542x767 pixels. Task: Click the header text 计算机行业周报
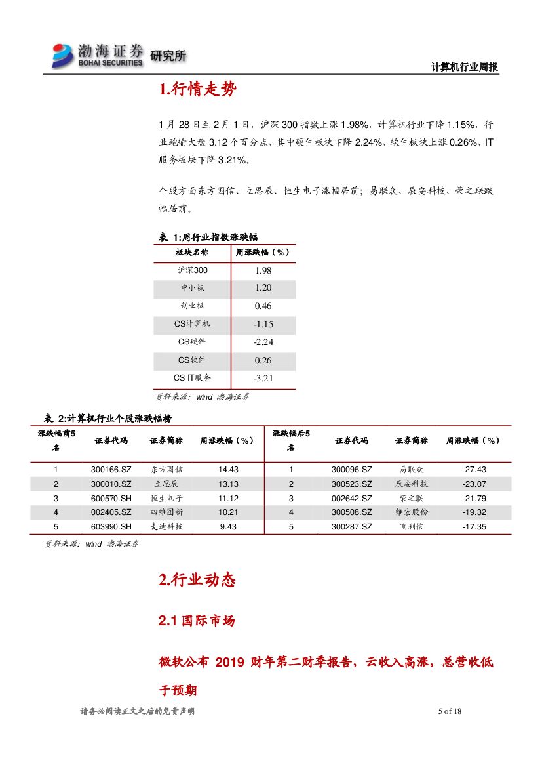click(x=465, y=67)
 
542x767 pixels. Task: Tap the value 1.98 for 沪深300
click(x=263, y=270)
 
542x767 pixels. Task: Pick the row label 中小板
click(x=193, y=288)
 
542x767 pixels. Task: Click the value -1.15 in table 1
click(x=263, y=324)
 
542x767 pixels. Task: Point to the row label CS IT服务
click(x=192, y=378)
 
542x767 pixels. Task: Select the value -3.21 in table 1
click(x=263, y=379)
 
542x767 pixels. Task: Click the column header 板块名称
click(x=192, y=252)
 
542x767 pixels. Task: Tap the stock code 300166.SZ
click(x=111, y=470)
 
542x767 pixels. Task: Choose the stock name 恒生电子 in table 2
click(x=166, y=499)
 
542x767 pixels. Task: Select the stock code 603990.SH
click(x=111, y=527)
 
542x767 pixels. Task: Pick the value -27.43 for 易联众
click(x=473, y=470)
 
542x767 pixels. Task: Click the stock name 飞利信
click(x=412, y=527)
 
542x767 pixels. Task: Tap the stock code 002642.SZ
click(x=351, y=499)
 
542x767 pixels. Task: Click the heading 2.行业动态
click(x=197, y=580)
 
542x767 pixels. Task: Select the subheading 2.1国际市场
click(x=197, y=621)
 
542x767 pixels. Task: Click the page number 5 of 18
click(x=450, y=711)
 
